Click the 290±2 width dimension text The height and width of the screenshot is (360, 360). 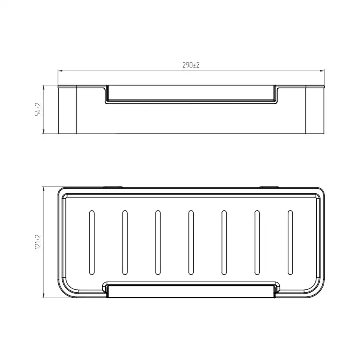[x=191, y=65]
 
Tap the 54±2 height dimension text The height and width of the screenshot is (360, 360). [x=38, y=109]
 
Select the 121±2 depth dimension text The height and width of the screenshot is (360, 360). [x=38, y=242]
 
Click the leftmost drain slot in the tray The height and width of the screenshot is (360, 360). [x=92, y=242]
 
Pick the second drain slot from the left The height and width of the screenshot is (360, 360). [x=125, y=242]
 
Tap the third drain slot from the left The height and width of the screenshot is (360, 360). [x=158, y=242]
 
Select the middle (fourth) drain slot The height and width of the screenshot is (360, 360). [x=191, y=242]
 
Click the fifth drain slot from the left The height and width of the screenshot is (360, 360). [x=224, y=242]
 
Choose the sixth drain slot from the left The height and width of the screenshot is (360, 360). [x=257, y=242]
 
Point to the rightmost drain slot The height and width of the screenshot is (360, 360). [x=290, y=242]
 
